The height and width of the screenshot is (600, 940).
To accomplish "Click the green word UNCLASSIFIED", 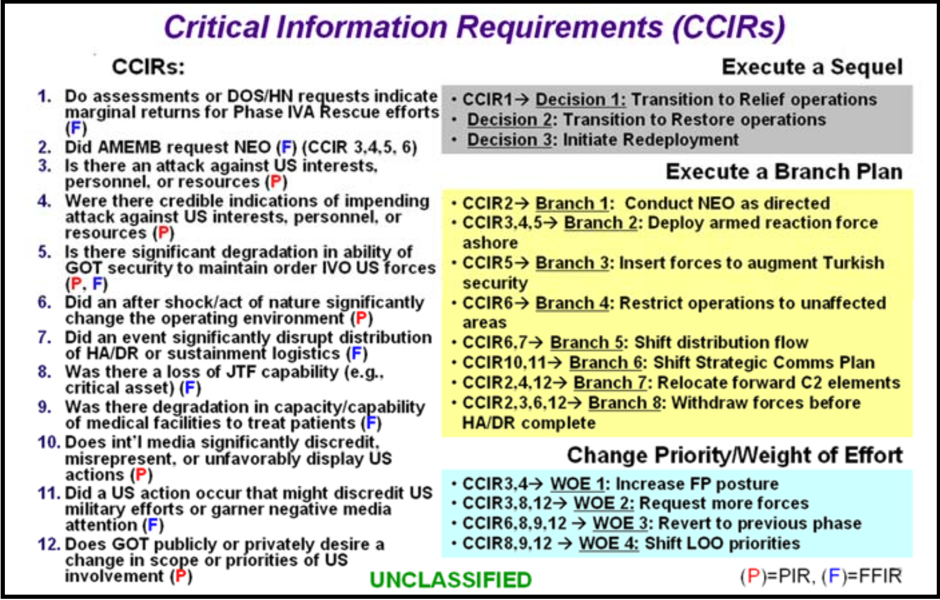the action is pyautogui.click(x=450, y=580).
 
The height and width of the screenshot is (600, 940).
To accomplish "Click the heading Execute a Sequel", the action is pyautogui.click(x=812, y=67).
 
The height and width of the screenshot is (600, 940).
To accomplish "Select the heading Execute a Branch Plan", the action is pyautogui.click(x=784, y=172).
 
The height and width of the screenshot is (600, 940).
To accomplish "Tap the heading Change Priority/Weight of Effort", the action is pyautogui.click(x=735, y=456).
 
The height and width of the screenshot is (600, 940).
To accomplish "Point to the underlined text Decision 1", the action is pyautogui.click(x=581, y=100).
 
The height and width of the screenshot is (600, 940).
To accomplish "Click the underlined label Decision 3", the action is pyautogui.click(x=510, y=140).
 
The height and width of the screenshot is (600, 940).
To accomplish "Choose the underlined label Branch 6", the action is pyautogui.click(x=606, y=362).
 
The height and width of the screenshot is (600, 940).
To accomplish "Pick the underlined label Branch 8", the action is pyautogui.click(x=625, y=403).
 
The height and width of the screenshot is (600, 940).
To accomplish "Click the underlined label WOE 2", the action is pyautogui.click(x=604, y=503).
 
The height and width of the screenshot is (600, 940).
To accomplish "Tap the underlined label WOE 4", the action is pyautogui.click(x=609, y=544).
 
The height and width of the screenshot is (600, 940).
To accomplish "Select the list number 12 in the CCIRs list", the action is pyautogui.click(x=49, y=544).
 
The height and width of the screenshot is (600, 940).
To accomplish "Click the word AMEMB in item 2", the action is pyautogui.click(x=129, y=148).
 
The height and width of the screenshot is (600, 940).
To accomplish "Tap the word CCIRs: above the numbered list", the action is pyautogui.click(x=148, y=67).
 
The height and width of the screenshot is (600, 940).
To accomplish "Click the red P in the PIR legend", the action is pyautogui.click(x=754, y=576).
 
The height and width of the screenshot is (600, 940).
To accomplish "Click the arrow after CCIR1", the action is pyautogui.click(x=523, y=100).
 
